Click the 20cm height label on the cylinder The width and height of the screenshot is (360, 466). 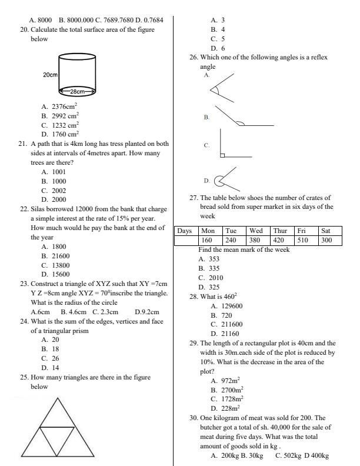(x=50, y=75)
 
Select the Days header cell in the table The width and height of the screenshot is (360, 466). (x=185, y=231)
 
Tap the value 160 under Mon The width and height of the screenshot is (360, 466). (x=206, y=240)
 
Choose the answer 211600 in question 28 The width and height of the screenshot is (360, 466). (x=230, y=324)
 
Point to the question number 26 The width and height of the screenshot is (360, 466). (x=193, y=58)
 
